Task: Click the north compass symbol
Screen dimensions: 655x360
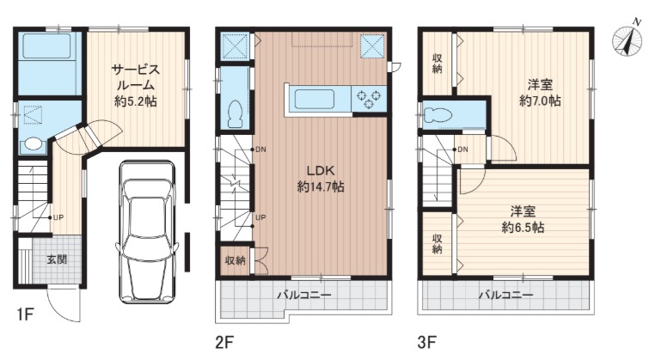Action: [x=627, y=40]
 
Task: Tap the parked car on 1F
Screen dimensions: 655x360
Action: [x=147, y=232]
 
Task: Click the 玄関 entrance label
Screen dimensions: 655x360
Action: [x=57, y=259]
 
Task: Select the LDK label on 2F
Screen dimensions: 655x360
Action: [x=321, y=170]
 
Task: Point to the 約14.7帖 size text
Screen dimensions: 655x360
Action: [x=321, y=186]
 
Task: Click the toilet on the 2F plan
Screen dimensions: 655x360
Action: [x=236, y=114]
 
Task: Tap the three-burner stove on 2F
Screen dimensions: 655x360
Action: [x=369, y=99]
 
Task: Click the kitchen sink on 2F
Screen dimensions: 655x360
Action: [x=315, y=100]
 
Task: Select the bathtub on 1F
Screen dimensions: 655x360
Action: [x=46, y=46]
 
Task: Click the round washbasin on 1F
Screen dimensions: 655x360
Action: [x=32, y=143]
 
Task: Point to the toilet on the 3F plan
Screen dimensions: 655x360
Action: [x=438, y=113]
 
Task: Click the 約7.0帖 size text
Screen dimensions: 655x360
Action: [x=540, y=101]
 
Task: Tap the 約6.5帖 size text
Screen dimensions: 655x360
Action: [x=523, y=228]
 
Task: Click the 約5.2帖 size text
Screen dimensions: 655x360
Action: [x=136, y=101]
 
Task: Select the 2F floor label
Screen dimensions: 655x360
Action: [x=223, y=343]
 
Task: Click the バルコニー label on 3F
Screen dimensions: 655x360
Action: [x=506, y=296]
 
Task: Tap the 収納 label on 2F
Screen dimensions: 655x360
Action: [x=236, y=260]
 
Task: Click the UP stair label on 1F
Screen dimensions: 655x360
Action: [x=58, y=217]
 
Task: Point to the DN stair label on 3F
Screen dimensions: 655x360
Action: [x=462, y=149]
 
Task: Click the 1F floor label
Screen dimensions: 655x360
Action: [x=25, y=314]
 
